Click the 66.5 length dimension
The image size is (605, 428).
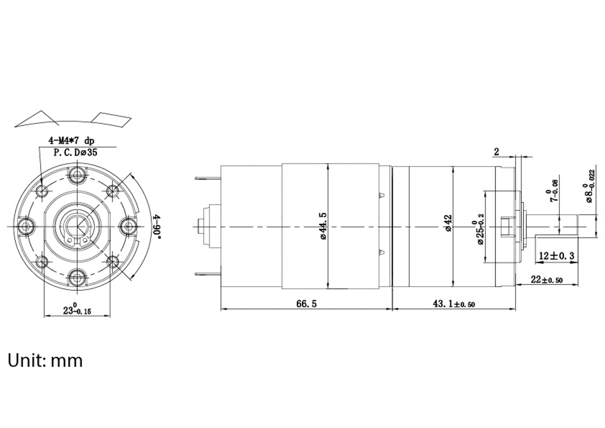pyautogui.click(x=306, y=304)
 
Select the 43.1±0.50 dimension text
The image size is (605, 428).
pyautogui.click(x=454, y=304)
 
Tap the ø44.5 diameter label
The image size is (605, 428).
pyautogui.click(x=323, y=226)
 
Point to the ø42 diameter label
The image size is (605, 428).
pyautogui.click(x=448, y=223)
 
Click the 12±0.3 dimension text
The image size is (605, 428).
pyautogui.click(x=556, y=256)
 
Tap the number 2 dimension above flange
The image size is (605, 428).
pyautogui.click(x=496, y=152)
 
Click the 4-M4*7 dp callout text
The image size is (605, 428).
pyautogui.click(x=71, y=141)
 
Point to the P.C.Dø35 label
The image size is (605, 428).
pyautogui.click(x=75, y=152)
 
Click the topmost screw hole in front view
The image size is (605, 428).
pyautogui.click(x=77, y=175)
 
